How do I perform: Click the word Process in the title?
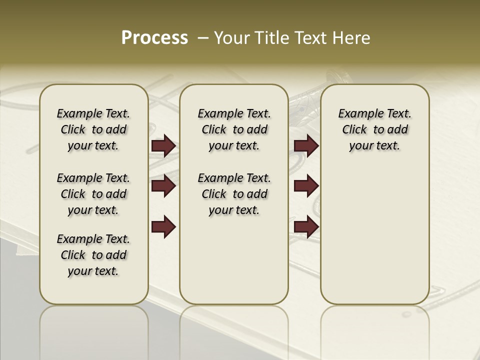154,37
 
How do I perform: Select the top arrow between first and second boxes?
163,146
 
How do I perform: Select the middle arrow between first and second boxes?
163,186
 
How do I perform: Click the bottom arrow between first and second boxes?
163,227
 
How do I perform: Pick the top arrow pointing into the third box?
306,146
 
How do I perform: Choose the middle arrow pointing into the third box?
306,186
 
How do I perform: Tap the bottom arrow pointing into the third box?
306,227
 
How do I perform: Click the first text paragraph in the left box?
93,129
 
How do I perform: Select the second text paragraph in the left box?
93,194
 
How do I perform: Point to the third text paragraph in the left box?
93,255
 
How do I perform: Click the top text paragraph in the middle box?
234,129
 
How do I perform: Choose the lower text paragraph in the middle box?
234,194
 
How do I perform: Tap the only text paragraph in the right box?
374,129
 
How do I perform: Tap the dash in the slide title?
202,38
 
